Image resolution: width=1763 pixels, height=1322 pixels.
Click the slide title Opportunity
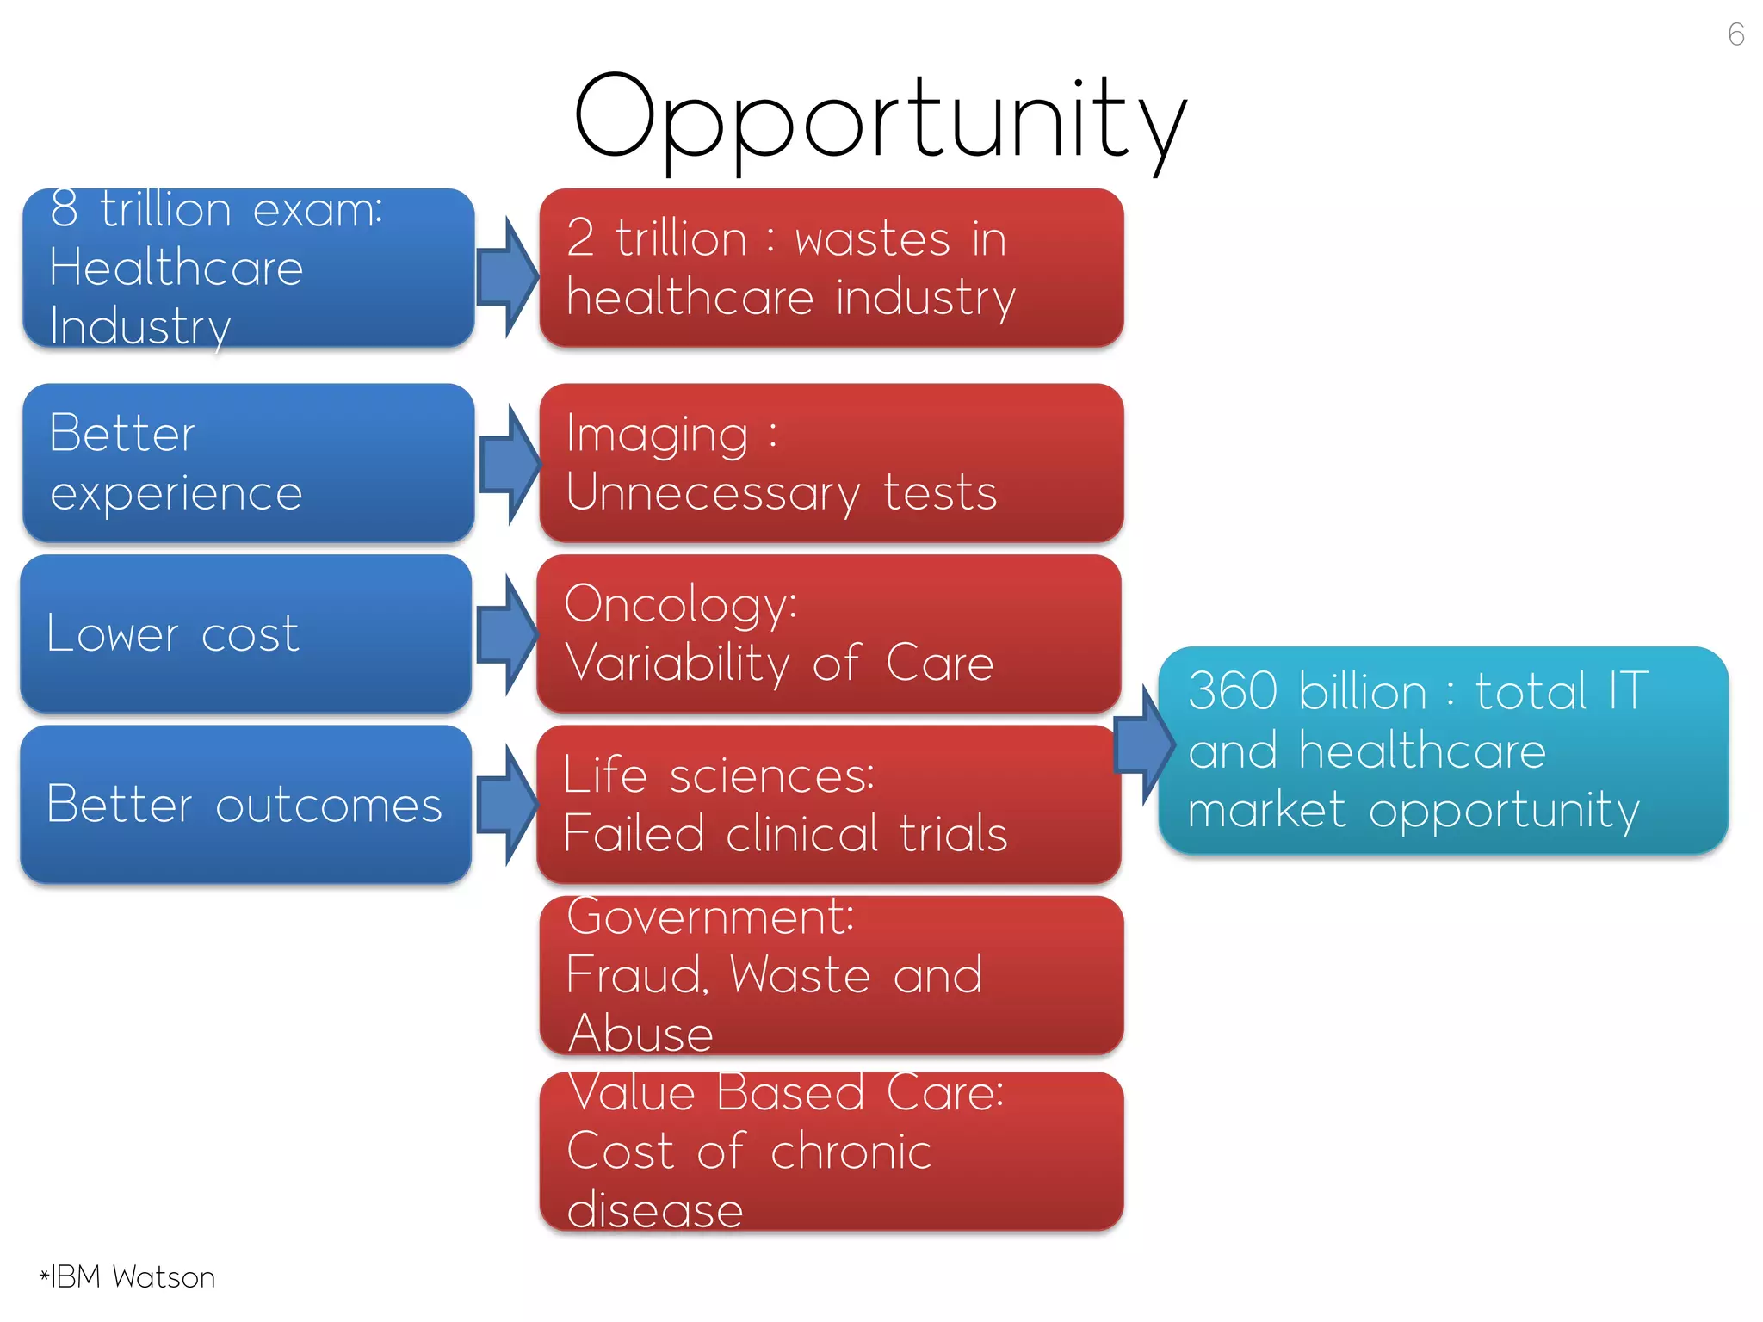(880, 120)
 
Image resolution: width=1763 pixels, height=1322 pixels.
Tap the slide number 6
(1735, 34)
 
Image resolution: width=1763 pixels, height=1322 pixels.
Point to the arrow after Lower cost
(508, 635)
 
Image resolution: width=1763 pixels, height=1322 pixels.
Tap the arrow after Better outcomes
(508, 806)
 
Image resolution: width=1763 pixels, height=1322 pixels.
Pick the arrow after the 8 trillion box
(508, 277)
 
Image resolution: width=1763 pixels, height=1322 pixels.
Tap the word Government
(710, 917)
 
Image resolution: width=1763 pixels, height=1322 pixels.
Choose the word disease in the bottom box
(655, 1210)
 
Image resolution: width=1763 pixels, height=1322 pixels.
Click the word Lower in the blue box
(112, 634)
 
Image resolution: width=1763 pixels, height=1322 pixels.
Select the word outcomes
(329, 806)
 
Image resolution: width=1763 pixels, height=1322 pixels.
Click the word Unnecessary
(713, 494)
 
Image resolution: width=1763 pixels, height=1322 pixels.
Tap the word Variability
(677, 664)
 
